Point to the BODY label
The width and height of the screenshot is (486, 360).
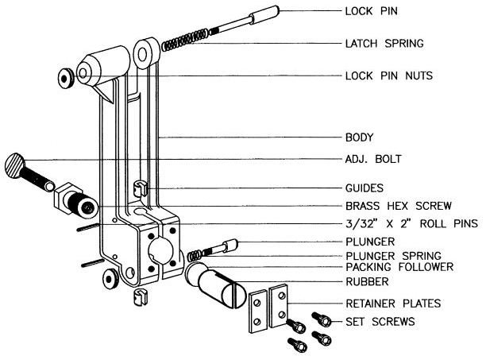[x=361, y=137]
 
